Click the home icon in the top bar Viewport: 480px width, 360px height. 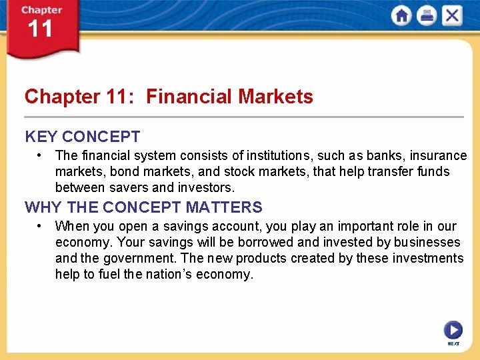(x=402, y=16)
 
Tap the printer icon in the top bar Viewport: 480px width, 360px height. (x=427, y=16)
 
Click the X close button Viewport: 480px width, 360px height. (x=451, y=16)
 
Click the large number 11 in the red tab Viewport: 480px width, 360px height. (x=40, y=29)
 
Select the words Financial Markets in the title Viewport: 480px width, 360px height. (x=229, y=97)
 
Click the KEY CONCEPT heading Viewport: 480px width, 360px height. (x=83, y=137)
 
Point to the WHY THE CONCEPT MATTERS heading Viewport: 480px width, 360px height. (x=143, y=207)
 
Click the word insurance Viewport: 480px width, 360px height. (x=438, y=156)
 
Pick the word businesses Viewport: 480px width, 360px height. (x=427, y=242)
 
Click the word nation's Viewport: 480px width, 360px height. (x=165, y=274)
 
